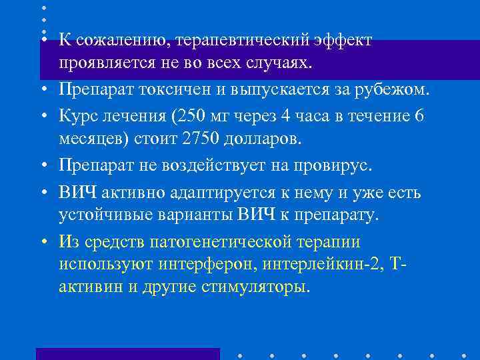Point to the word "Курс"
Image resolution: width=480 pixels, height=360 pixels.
click(76, 115)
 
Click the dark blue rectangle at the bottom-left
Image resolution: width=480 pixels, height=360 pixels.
click(127, 353)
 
